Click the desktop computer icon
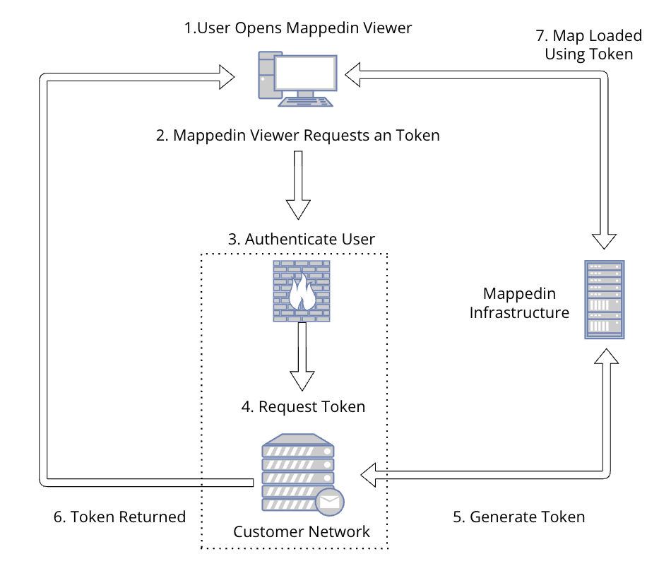tap(297, 78)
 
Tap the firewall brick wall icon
tap(302, 291)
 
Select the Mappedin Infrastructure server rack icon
tap(605, 300)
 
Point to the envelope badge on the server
tap(329, 501)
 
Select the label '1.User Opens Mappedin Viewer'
tap(297, 28)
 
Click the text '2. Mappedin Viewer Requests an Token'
tap(297, 135)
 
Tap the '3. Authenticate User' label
tap(301, 239)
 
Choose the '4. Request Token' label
tap(303, 406)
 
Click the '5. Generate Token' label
tap(518, 517)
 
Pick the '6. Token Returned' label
tap(119, 517)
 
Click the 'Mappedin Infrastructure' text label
tap(519, 302)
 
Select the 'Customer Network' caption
tap(302, 531)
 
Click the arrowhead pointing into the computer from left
tap(226, 76)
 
